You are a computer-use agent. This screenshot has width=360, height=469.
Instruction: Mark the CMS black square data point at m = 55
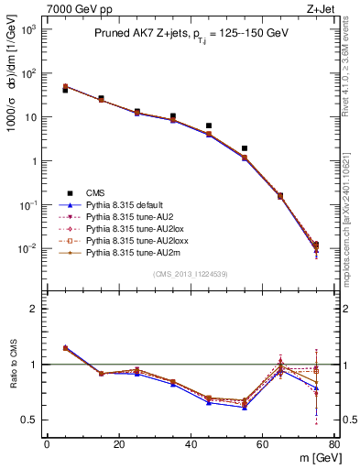click(245, 148)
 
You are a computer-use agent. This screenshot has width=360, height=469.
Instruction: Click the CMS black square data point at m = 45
click(209, 125)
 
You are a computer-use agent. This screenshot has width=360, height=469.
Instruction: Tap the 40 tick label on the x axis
click(191, 445)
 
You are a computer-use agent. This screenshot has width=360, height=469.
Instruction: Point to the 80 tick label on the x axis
click(334, 445)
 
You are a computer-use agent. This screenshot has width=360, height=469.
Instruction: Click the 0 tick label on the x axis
click(47, 445)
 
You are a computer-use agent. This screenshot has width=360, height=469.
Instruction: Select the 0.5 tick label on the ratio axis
click(31, 420)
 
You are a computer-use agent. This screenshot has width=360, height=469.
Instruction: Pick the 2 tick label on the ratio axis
click(35, 309)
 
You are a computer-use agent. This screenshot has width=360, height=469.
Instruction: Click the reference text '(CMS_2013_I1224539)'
click(191, 273)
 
